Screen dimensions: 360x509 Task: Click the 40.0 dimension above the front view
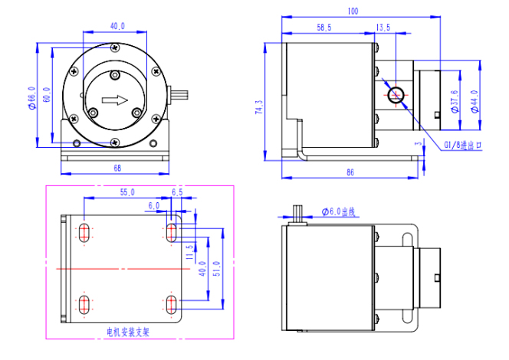pyautogui.click(x=117, y=26)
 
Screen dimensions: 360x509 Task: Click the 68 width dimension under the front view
pyautogui.click(x=117, y=166)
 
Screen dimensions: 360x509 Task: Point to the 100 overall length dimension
pyautogui.click(x=353, y=11)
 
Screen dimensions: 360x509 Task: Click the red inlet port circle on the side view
pyautogui.click(x=397, y=95)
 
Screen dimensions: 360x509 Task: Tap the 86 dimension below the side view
pyautogui.click(x=350, y=174)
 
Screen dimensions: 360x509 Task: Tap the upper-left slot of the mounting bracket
pyautogui.click(x=82, y=232)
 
